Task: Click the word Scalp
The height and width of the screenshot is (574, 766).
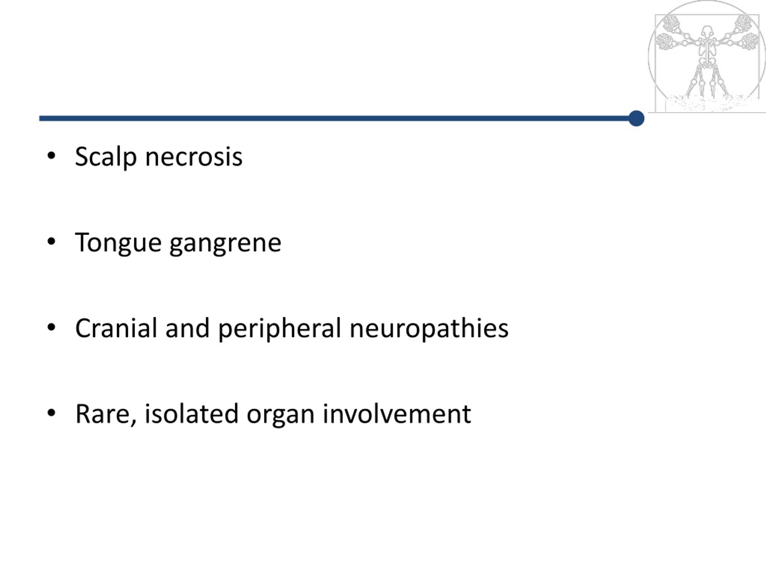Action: click(x=106, y=157)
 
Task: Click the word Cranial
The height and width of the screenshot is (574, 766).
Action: click(x=116, y=328)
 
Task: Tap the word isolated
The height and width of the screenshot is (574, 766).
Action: click(x=191, y=413)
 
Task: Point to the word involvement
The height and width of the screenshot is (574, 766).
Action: click(x=396, y=413)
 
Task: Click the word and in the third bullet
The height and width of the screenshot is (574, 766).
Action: click(x=188, y=328)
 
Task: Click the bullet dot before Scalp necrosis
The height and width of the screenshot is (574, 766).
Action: click(x=51, y=156)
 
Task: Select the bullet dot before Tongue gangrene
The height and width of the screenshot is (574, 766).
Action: click(x=51, y=242)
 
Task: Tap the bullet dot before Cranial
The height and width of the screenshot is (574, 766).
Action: click(x=51, y=327)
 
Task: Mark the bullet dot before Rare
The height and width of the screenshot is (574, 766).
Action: click(x=51, y=413)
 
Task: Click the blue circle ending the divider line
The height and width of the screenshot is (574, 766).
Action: click(x=636, y=119)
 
